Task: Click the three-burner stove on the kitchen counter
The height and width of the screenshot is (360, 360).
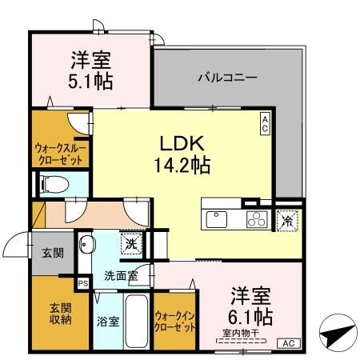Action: pyautogui.click(x=255, y=218)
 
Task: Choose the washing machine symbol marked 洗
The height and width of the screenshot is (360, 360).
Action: pyautogui.click(x=128, y=241)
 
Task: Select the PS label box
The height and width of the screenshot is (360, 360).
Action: pyautogui.click(x=82, y=283)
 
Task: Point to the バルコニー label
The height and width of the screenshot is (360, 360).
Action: pyautogui.click(x=227, y=78)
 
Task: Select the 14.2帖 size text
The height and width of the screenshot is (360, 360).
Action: pyautogui.click(x=182, y=165)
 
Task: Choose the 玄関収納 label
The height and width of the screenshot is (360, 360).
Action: pyautogui.click(x=61, y=313)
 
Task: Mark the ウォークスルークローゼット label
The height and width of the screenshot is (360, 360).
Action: pyautogui.click(x=62, y=153)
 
